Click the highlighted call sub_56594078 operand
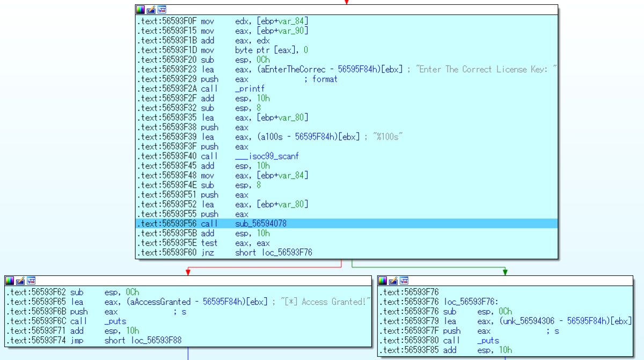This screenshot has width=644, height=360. coord(261,224)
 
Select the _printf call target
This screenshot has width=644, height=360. coord(250,89)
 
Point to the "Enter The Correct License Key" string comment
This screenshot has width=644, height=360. coord(487,69)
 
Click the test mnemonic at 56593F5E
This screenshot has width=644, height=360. coord(209,243)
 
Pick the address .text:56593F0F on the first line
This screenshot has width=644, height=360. coord(167,21)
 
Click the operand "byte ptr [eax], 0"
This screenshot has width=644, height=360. coord(270,50)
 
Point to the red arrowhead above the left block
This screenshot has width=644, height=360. coord(187,272)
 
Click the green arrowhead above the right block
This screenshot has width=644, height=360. coord(505,272)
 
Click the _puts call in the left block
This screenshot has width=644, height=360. coord(115,321)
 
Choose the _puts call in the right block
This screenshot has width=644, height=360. coord(488,341)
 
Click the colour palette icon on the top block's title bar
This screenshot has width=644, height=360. coord(141,10)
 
